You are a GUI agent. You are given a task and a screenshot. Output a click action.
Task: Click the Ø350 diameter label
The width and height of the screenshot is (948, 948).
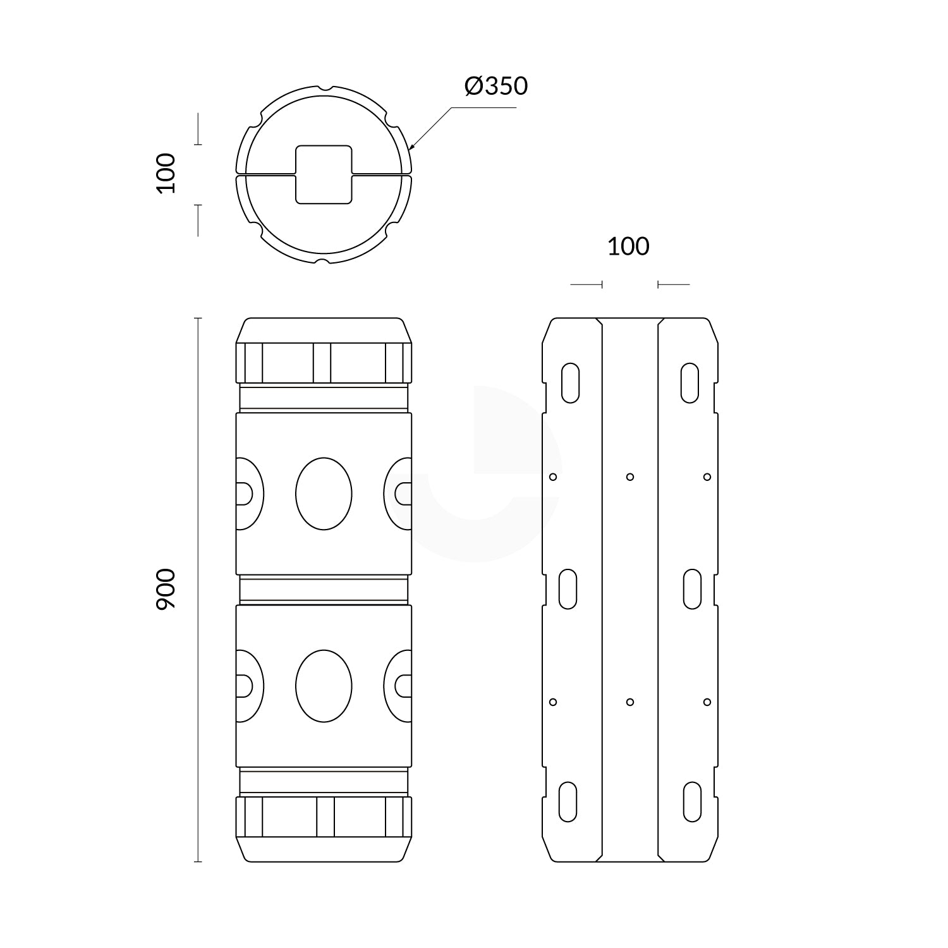(x=495, y=86)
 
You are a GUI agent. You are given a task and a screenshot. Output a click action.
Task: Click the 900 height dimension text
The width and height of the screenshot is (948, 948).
(x=166, y=589)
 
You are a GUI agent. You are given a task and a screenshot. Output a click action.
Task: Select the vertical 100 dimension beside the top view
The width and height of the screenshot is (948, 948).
(x=166, y=173)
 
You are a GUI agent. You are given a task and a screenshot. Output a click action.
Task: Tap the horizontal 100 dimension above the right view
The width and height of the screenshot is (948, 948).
(x=628, y=246)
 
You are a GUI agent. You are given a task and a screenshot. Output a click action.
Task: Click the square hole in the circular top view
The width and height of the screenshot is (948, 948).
(x=324, y=174)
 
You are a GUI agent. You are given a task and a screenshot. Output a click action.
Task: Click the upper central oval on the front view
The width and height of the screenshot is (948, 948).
(x=324, y=494)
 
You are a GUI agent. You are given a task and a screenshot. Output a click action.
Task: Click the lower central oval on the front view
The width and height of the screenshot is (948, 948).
(x=324, y=686)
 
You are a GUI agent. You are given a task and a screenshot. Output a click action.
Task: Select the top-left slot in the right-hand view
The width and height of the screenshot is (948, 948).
(x=570, y=382)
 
